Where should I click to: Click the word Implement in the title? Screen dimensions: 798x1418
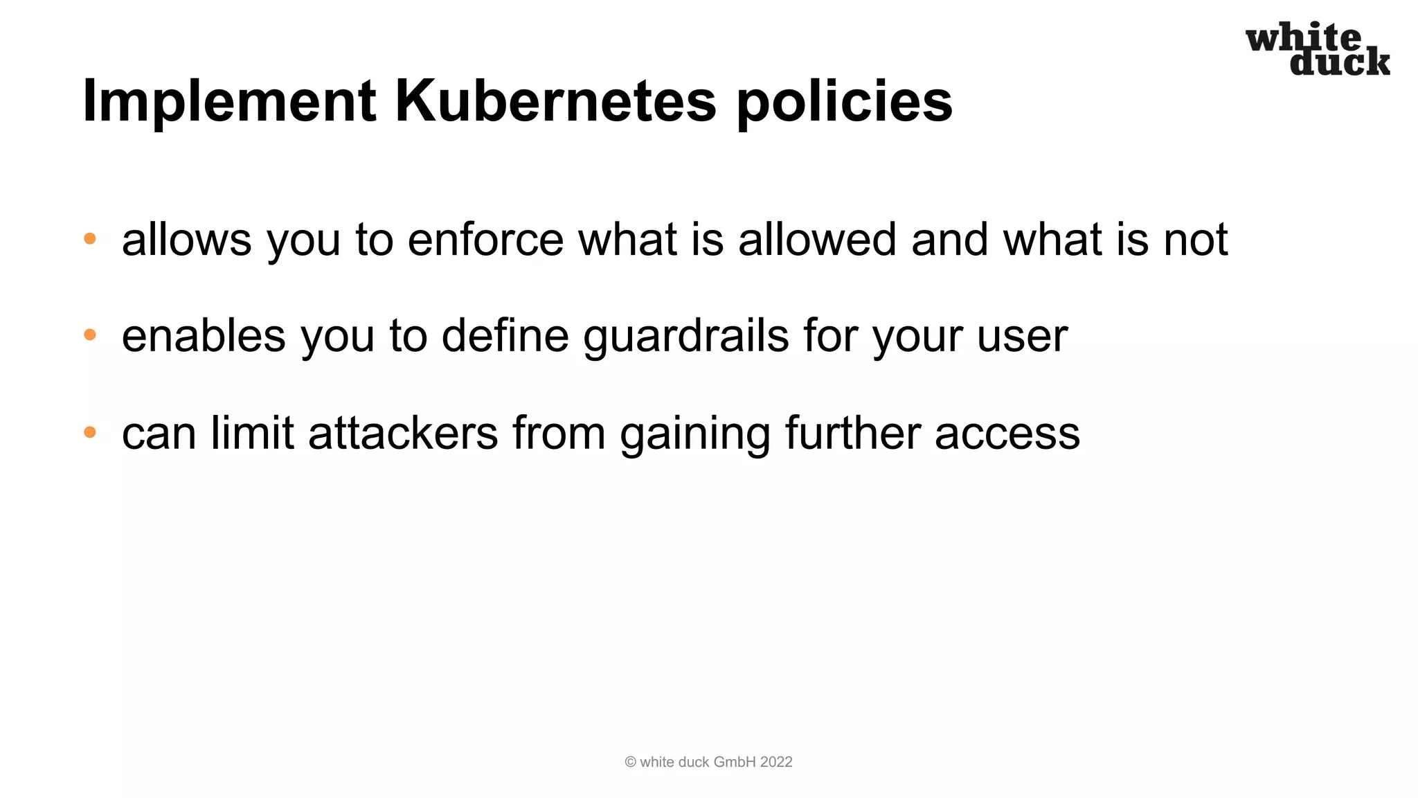(229, 102)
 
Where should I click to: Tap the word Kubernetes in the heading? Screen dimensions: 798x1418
(555, 102)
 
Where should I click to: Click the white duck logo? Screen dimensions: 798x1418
(1318, 49)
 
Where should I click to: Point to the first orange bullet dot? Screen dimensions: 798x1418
(90, 239)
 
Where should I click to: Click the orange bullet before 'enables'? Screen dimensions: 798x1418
(90, 335)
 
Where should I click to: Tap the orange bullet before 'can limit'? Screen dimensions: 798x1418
(90, 432)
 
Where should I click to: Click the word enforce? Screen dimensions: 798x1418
(485, 240)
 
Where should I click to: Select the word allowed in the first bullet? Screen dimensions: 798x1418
(817, 240)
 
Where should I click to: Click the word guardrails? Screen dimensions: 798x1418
(685, 337)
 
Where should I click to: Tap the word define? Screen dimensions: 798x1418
(505, 336)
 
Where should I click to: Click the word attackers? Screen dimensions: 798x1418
(403, 433)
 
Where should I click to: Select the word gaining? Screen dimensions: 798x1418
(694, 434)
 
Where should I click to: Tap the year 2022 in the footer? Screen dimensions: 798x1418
(775, 762)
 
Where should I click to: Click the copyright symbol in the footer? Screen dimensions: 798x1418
(630, 762)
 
